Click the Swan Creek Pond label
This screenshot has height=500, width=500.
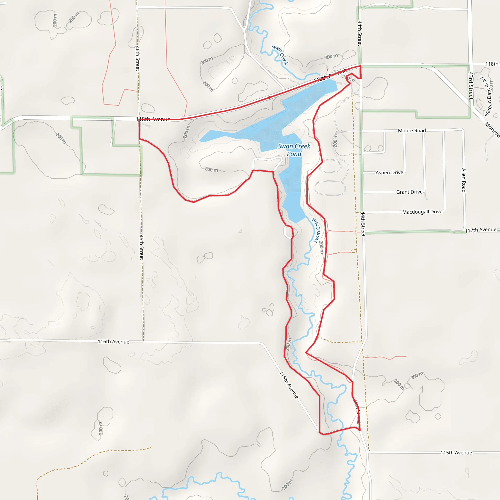(294, 150)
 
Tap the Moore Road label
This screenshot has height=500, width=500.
(412, 131)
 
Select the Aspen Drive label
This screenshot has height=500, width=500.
(389, 173)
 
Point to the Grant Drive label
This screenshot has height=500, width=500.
(409, 192)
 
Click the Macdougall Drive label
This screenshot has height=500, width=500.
(422, 212)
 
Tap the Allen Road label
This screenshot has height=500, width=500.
(464, 180)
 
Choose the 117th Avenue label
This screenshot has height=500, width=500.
(480, 230)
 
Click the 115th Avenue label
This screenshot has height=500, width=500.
(456, 453)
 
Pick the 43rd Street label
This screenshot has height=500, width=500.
(471, 86)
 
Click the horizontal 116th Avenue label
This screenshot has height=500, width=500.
(113, 342)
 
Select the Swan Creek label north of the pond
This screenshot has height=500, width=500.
(280, 55)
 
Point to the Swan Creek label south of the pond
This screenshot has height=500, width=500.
(316, 230)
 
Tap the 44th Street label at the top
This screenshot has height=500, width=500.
(359, 33)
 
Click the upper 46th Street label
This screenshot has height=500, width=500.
(138, 58)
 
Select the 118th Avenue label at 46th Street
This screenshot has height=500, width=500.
(153, 119)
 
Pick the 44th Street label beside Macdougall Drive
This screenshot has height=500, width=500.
(363, 224)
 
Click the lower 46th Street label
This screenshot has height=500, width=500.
(142, 247)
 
